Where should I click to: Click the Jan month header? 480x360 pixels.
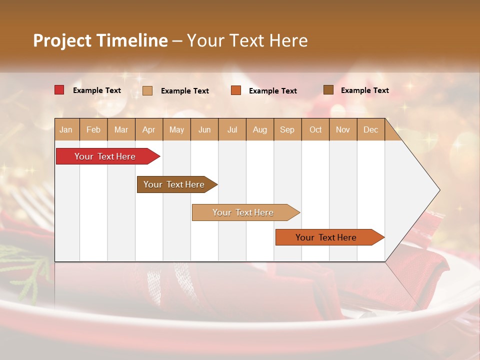(x=66, y=129)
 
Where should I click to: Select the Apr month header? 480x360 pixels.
(x=149, y=129)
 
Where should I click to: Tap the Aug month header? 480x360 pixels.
(x=260, y=129)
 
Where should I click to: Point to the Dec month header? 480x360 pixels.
(x=371, y=129)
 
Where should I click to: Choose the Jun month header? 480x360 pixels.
(x=204, y=129)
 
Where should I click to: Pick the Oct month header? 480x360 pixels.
(x=315, y=129)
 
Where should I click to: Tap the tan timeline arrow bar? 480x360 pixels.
(x=243, y=212)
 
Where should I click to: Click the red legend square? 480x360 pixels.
(x=59, y=90)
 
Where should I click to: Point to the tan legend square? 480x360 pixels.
(x=147, y=90)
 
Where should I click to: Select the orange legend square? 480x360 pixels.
(x=236, y=90)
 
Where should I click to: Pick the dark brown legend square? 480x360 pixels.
(x=328, y=90)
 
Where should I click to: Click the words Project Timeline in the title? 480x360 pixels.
(x=100, y=40)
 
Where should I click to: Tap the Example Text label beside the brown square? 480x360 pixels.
(x=364, y=90)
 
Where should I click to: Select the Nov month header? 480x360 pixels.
(x=343, y=129)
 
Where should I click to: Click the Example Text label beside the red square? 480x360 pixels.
(x=97, y=90)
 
